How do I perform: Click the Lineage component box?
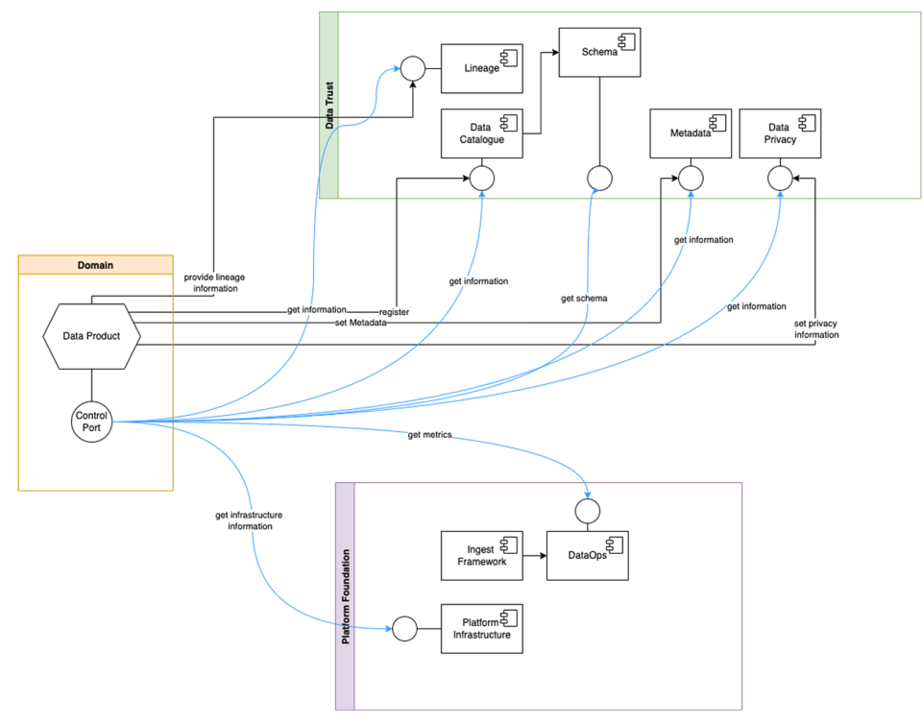click(x=481, y=68)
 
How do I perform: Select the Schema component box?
click(x=599, y=52)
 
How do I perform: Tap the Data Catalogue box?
click(x=481, y=133)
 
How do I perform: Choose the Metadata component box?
click(x=689, y=133)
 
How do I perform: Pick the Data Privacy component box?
click(x=780, y=133)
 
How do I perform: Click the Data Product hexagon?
click(x=92, y=335)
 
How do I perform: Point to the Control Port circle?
click(x=92, y=421)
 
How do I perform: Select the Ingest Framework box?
click(x=481, y=555)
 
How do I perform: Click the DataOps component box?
click(x=587, y=555)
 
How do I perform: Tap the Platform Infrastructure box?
click(x=481, y=628)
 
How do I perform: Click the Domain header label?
click(x=95, y=264)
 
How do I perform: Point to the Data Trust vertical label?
click(x=328, y=105)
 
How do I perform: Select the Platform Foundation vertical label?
click(x=346, y=596)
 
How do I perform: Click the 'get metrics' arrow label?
click(x=429, y=435)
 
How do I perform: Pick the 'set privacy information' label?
click(x=815, y=328)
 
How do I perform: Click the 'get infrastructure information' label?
click(x=249, y=520)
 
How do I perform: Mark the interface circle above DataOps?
click(x=587, y=508)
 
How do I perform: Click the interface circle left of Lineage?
click(x=413, y=68)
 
